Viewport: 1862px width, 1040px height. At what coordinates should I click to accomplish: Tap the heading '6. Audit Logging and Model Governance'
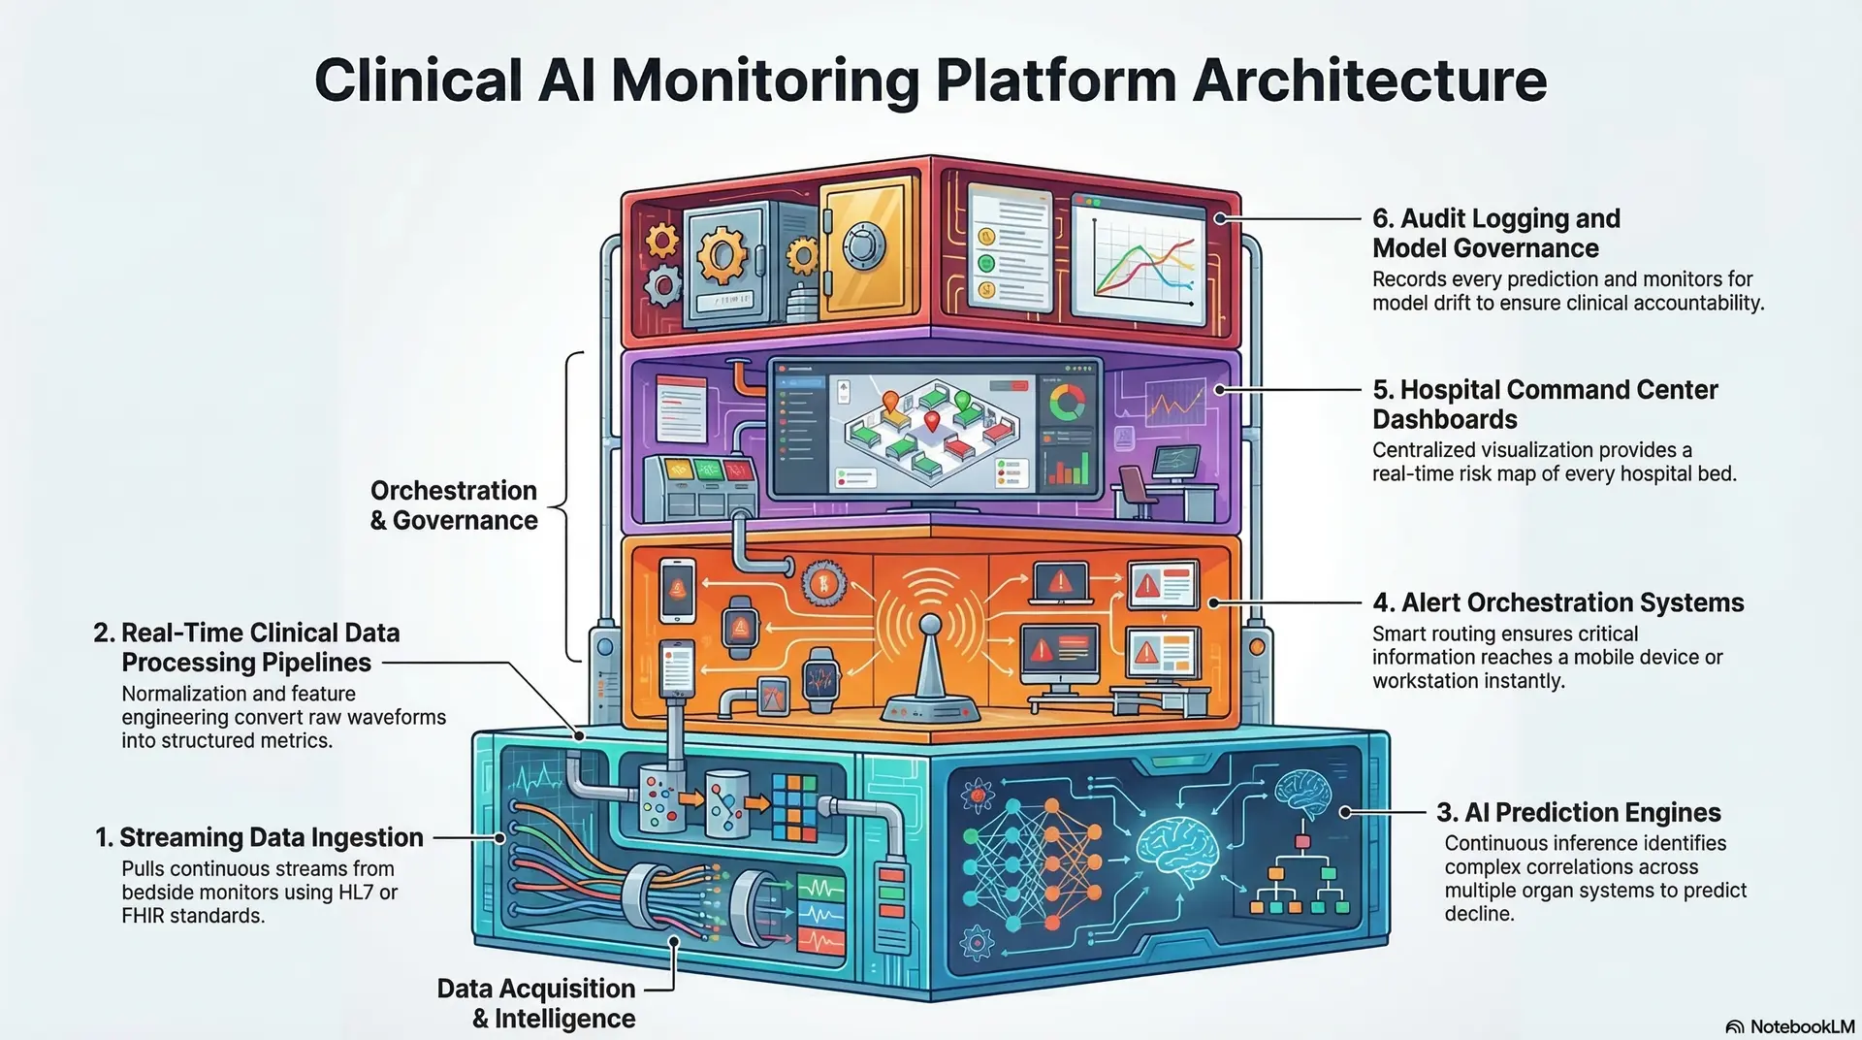[x=1495, y=233]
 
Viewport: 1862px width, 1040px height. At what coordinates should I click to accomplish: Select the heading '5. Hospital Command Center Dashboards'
[x=1544, y=404]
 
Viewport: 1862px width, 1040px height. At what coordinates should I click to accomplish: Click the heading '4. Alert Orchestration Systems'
[x=1557, y=602]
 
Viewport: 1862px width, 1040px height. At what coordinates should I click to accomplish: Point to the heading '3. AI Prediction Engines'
[x=1578, y=812]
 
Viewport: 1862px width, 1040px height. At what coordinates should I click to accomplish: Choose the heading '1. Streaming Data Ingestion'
[x=259, y=837]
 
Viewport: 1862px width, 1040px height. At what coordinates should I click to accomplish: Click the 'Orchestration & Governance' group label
[x=454, y=505]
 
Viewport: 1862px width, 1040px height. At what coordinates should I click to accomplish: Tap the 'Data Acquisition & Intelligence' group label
[x=536, y=1003]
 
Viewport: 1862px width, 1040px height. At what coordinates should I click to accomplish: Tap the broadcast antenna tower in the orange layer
[x=929, y=669]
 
